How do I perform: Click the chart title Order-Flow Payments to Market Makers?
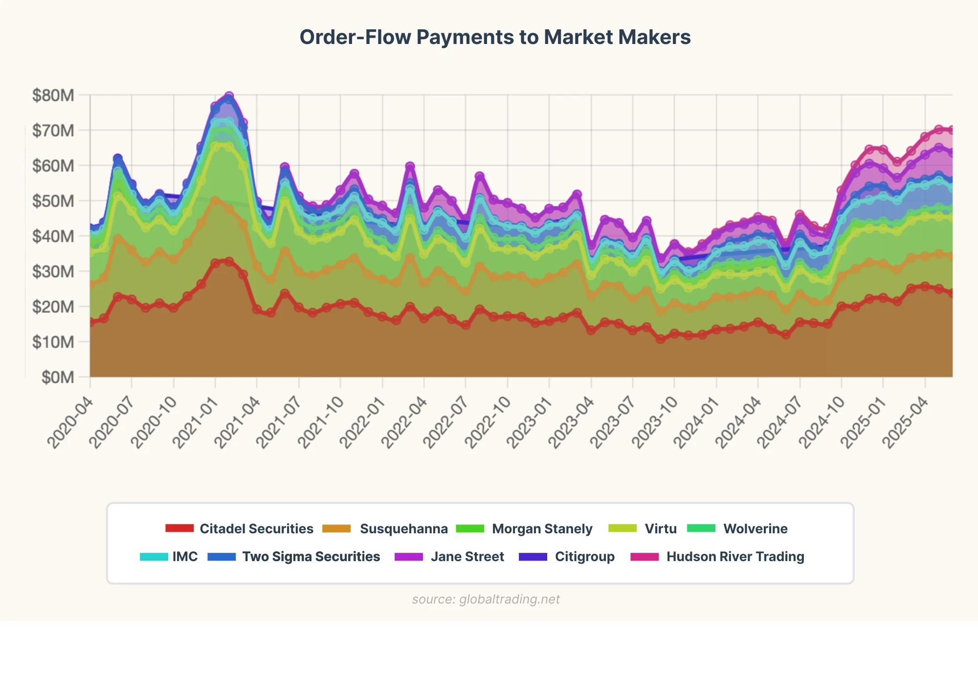495,37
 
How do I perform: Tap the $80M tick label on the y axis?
53,95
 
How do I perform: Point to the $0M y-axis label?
58,377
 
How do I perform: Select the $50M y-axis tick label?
53,201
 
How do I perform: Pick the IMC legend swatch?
154,557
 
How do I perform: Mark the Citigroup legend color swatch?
533,557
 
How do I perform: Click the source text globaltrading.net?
486,599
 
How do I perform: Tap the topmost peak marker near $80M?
229,96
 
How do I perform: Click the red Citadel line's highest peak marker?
229,262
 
